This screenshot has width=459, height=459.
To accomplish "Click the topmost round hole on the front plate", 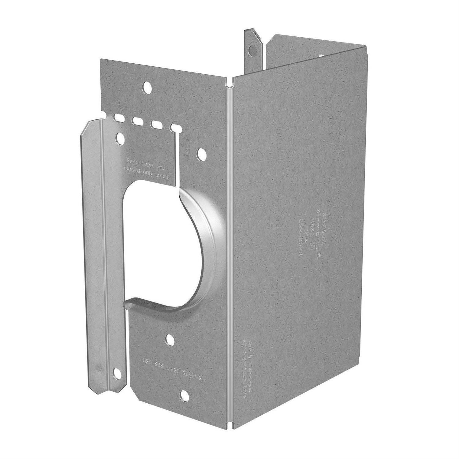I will (x=147, y=87).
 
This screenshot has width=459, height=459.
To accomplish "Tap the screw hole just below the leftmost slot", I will (x=121, y=138).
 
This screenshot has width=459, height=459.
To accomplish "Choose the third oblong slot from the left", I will (x=157, y=125).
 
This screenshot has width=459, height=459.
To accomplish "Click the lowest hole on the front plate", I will (x=185, y=395).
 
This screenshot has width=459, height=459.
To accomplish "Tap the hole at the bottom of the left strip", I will (x=117, y=373).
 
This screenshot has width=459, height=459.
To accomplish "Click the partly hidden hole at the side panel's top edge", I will (x=322, y=55).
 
